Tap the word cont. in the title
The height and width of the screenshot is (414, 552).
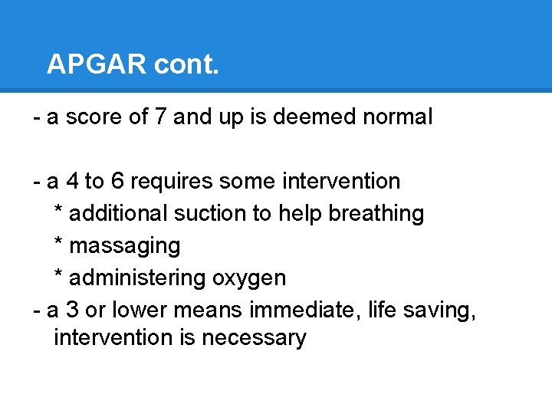click(x=186, y=64)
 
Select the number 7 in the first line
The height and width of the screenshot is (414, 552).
click(x=180, y=117)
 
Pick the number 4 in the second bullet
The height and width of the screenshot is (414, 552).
click(x=71, y=182)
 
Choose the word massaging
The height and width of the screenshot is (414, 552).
click(x=125, y=246)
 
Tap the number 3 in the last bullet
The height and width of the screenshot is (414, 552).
click(x=71, y=310)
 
